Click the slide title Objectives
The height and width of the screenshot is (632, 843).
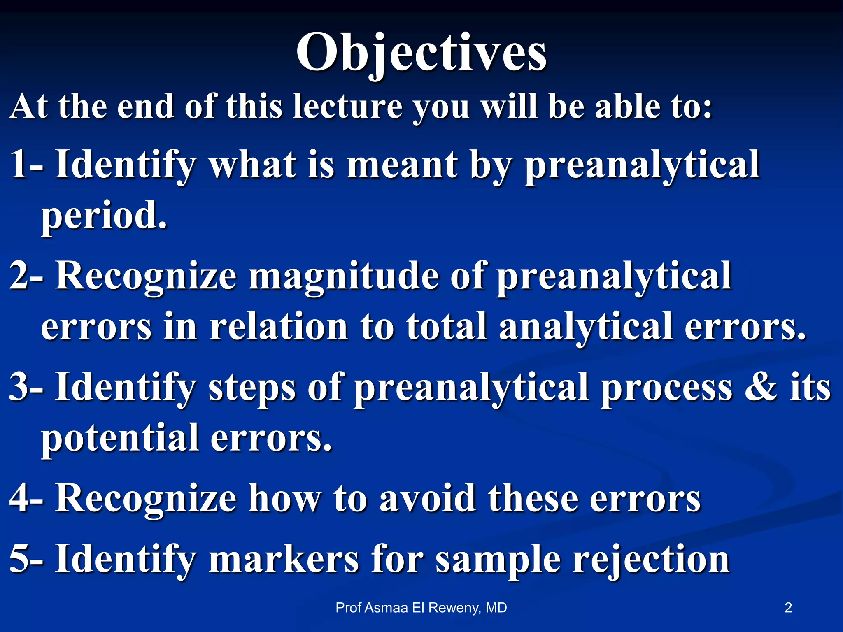(421, 53)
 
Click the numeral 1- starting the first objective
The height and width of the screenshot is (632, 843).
(27, 165)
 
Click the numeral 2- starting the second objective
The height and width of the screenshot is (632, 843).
(27, 276)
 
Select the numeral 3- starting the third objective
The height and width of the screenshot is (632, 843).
(27, 387)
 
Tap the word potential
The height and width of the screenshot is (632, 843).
(119, 438)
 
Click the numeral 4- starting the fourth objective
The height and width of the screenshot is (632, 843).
(27, 498)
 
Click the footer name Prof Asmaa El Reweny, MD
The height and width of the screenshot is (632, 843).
(421, 608)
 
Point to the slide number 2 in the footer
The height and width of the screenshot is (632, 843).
(788, 608)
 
